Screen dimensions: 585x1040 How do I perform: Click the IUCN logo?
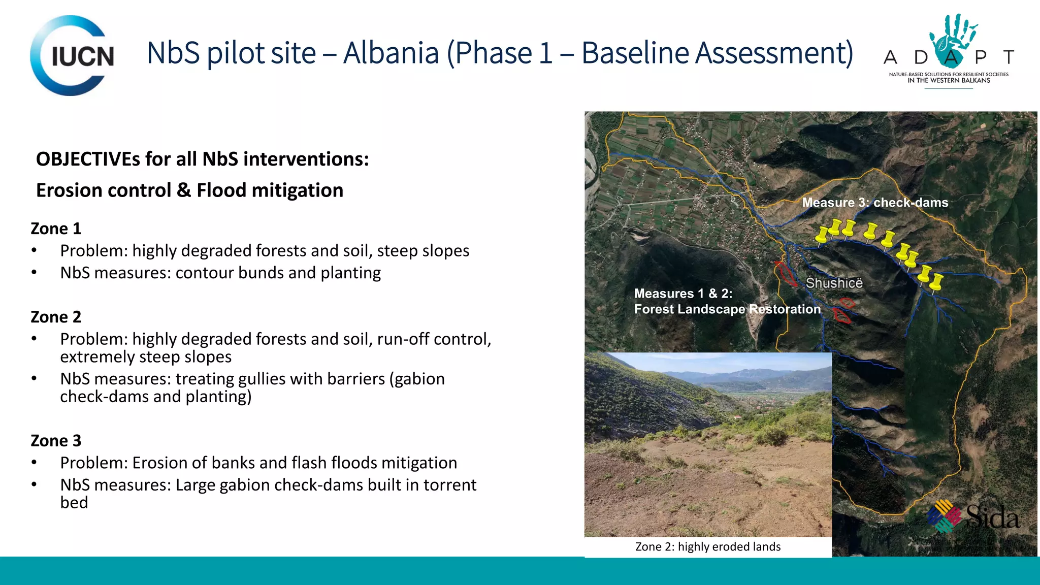pyautogui.click(x=72, y=55)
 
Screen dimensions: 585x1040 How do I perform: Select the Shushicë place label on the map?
pyautogui.click(x=834, y=283)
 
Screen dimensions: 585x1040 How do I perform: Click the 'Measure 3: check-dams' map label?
pyautogui.click(x=875, y=203)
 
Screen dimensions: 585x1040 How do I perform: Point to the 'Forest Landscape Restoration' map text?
pyautogui.click(x=727, y=309)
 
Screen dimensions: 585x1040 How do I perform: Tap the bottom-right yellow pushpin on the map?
pyautogui.click(x=935, y=282)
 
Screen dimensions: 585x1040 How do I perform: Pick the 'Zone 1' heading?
pyautogui.click(x=56, y=229)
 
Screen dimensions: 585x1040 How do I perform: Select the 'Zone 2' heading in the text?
pyautogui.click(x=56, y=317)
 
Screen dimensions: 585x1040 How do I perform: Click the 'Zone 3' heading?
pyautogui.click(x=56, y=441)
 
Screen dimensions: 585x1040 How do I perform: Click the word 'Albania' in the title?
pyautogui.click(x=391, y=53)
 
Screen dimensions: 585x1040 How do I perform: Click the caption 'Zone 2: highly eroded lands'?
pyautogui.click(x=707, y=547)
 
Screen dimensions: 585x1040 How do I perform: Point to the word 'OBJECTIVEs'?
pyautogui.click(x=88, y=159)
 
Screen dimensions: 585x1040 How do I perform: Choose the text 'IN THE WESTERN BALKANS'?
pyautogui.click(x=949, y=80)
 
